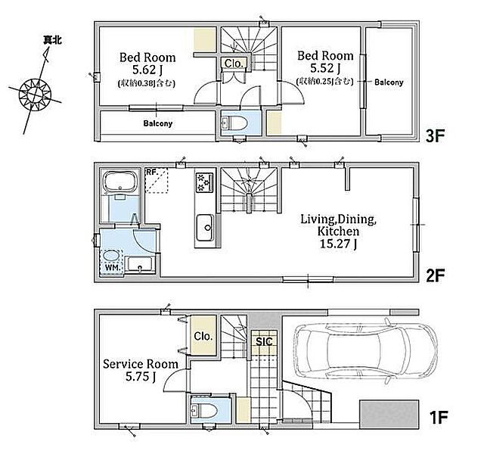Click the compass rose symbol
coord(35,94)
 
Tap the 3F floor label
coord(435,135)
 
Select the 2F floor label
coord(435,275)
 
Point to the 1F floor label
coord(438,418)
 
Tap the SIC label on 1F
coord(264,342)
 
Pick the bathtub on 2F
coord(120,182)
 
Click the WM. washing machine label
coord(113,267)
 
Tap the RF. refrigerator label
coord(153,172)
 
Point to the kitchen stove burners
coord(204,182)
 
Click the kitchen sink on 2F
coord(205,228)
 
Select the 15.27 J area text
coord(338,244)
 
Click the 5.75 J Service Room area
coord(141,377)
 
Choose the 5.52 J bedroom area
coord(325,68)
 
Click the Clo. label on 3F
coord(234,64)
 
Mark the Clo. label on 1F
coord(203,336)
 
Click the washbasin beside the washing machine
coord(140,265)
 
